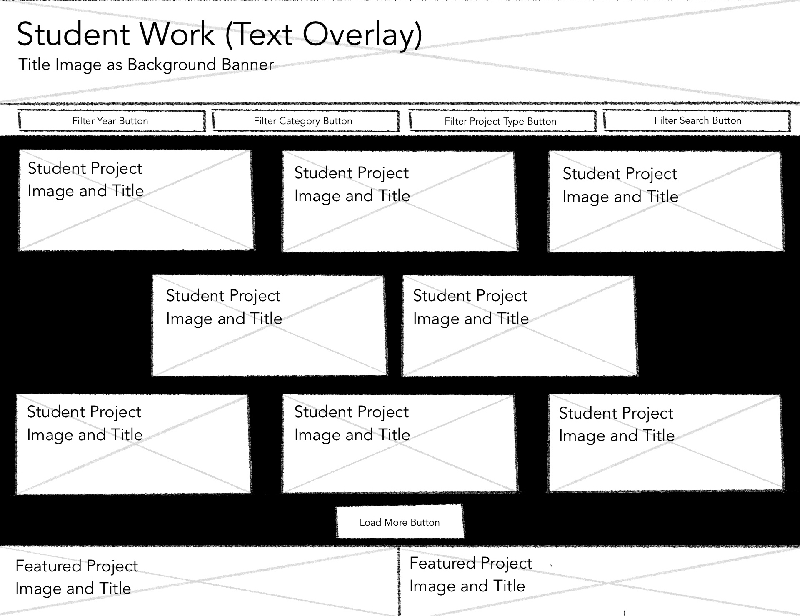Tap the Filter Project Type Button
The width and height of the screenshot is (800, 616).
click(502, 121)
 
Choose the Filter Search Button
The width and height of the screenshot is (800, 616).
click(697, 121)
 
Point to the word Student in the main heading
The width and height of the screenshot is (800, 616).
click(73, 34)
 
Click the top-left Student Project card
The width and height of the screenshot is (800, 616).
click(136, 201)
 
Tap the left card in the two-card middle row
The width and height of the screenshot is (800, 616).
click(269, 326)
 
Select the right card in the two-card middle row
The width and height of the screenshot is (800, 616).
click(519, 326)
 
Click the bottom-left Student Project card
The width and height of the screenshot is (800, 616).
click(133, 444)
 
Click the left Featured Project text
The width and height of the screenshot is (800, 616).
click(76, 577)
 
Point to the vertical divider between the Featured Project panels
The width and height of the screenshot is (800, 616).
click(399, 581)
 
